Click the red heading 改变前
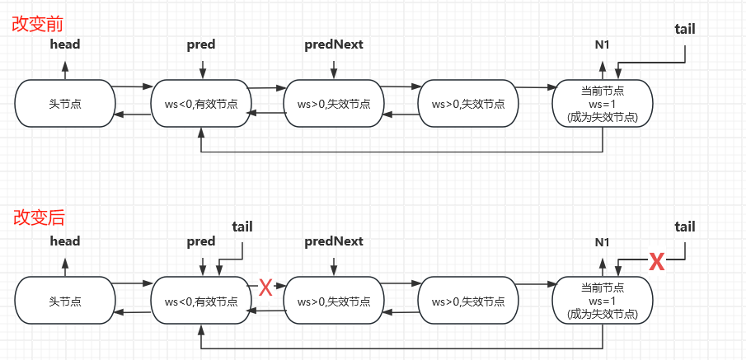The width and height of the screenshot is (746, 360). click(x=39, y=23)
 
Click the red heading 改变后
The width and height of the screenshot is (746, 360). click(x=39, y=218)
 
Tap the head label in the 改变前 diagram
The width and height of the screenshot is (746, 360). click(x=65, y=44)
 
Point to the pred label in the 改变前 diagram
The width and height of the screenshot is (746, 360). click(x=201, y=44)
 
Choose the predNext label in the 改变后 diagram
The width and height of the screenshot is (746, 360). click(x=333, y=241)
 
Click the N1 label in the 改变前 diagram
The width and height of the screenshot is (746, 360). click(x=603, y=44)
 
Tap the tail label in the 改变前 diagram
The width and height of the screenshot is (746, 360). click(x=684, y=29)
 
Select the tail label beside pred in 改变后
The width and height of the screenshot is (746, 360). click(x=242, y=226)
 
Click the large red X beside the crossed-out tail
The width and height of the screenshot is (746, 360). click(x=656, y=262)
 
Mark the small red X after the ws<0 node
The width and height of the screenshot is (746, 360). click(x=265, y=288)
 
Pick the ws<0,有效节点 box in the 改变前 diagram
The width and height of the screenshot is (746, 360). click(x=200, y=104)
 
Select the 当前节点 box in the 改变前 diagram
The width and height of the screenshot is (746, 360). click(x=603, y=104)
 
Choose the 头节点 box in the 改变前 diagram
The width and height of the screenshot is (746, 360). click(x=64, y=104)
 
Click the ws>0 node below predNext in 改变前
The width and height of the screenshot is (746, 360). click(x=333, y=104)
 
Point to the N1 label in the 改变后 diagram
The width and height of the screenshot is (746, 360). click(x=603, y=242)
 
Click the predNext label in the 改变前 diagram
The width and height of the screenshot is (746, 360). click(x=333, y=44)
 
